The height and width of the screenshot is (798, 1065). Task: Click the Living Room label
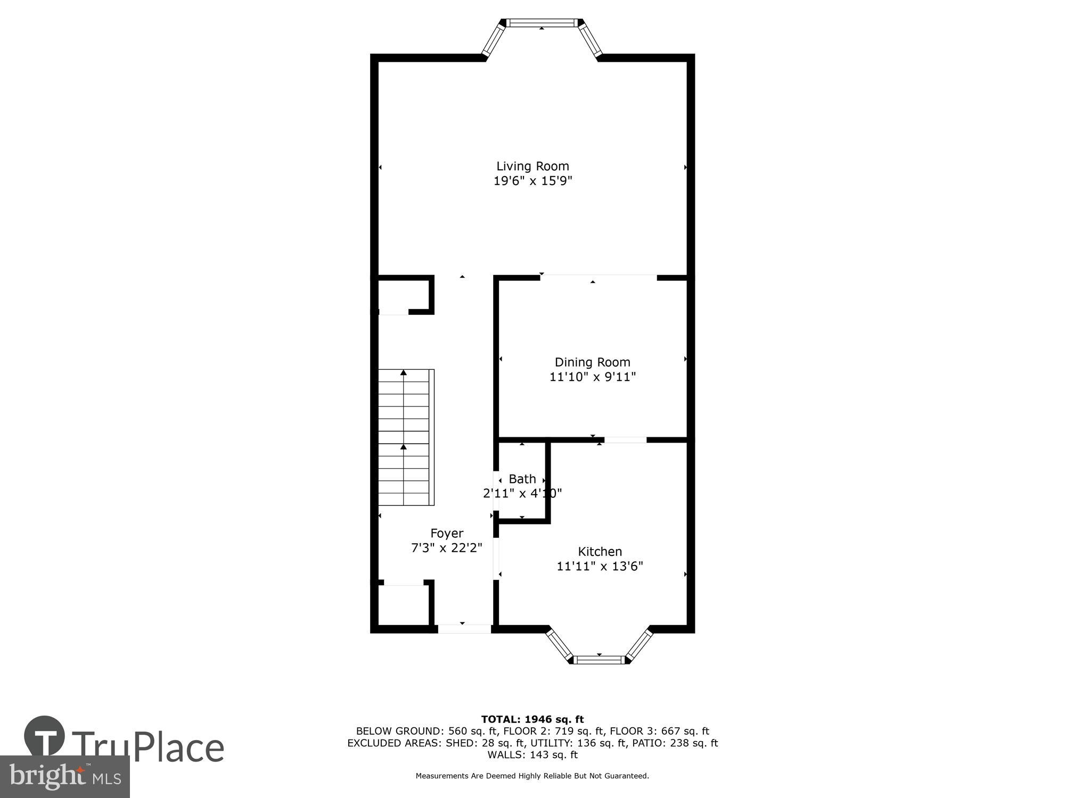532,166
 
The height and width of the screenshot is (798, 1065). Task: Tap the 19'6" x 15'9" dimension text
532,181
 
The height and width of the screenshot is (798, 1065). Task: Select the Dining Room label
592,362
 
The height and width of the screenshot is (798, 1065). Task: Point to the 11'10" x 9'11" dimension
592,377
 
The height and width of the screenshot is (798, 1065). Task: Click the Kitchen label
600,552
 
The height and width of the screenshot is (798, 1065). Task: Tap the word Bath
522,479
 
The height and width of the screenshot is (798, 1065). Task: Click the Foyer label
447,533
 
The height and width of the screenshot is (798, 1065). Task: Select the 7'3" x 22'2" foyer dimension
447,548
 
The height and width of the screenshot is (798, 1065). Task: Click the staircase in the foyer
405,437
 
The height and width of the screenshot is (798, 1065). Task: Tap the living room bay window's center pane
541,23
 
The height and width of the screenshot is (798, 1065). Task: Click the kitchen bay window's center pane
599,660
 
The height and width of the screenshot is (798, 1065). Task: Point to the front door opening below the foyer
464,629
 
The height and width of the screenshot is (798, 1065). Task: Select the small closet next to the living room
403,294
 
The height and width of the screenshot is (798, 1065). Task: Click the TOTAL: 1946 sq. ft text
532,719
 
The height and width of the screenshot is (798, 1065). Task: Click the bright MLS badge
64,777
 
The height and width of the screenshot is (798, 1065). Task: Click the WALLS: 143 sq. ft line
532,754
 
